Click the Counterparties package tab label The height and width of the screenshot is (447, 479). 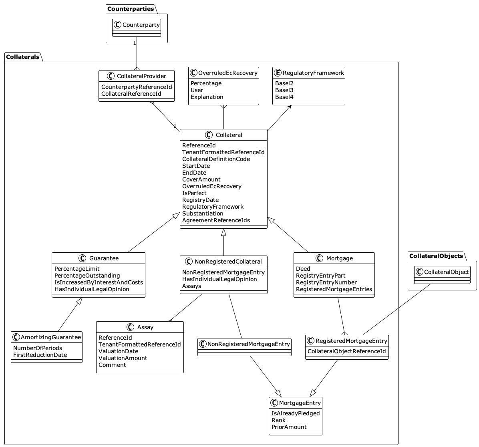pos(130,9)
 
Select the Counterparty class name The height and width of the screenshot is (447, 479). pos(141,25)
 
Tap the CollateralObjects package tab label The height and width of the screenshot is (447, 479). pos(436,256)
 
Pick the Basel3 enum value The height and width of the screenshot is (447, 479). pos(284,90)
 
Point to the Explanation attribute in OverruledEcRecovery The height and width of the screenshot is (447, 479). pos(207,97)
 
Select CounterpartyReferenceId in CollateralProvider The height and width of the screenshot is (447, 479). pos(137,87)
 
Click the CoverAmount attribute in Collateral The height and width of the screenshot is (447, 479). pos(201,179)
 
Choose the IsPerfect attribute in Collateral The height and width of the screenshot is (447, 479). pos(194,193)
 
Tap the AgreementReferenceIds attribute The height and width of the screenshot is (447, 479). pos(216,220)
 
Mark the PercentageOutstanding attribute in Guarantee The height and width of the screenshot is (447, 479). pos(87,276)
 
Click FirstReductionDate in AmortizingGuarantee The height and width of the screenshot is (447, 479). pos(40,355)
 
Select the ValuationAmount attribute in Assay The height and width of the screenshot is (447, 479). pos(123,358)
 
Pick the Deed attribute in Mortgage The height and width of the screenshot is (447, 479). pos(303,269)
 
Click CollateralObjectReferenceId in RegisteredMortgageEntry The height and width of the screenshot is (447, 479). pos(346,351)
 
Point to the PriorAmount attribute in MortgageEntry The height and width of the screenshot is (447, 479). pos(289,427)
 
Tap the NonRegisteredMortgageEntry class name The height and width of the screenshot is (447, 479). pos(249,344)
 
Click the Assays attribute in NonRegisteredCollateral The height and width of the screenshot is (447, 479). pos(191,286)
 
